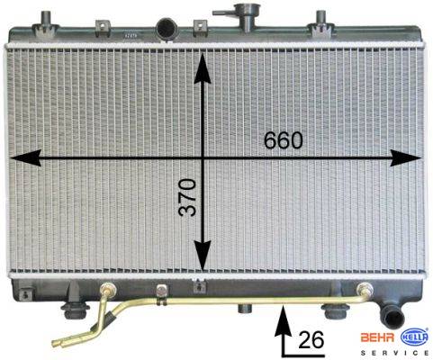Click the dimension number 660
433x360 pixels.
pyautogui.click(x=284, y=140)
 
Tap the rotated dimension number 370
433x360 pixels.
pyautogui.click(x=187, y=197)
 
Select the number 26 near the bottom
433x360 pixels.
pyautogui.click(x=311, y=340)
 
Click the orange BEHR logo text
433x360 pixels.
pyautogui.click(x=377, y=337)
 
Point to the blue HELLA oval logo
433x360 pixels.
pyautogui.click(x=414, y=337)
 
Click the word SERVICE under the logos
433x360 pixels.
pyautogui.click(x=394, y=353)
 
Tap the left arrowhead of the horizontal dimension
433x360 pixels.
pyautogui.click(x=25, y=157)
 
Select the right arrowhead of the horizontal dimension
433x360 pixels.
pyautogui.click(x=406, y=157)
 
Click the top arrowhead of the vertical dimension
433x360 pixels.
pyautogui.click(x=203, y=68)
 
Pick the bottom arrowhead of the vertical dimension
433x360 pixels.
pyautogui.click(x=203, y=256)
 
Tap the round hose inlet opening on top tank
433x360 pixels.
pyautogui.click(x=167, y=28)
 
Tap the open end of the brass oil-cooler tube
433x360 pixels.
pyautogui.click(x=57, y=343)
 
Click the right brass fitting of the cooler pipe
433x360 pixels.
pyautogui.click(x=365, y=290)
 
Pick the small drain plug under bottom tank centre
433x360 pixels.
pyautogui.click(x=244, y=309)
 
